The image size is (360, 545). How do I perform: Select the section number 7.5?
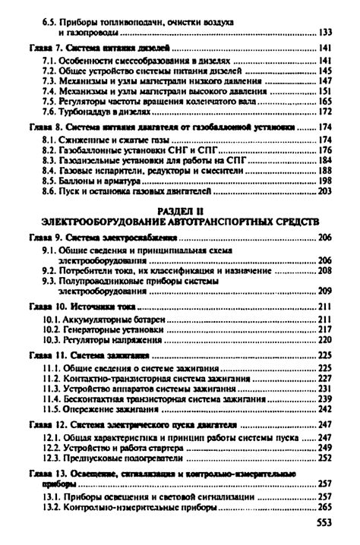tap(51, 100)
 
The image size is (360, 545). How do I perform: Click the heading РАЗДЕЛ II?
tap(179, 208)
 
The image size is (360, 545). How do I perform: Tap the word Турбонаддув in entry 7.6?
tap(88, 111)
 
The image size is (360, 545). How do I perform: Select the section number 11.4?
tap(54, 397)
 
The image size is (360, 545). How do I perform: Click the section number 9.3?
tap(51, 279)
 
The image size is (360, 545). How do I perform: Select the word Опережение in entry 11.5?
tap(93, 408)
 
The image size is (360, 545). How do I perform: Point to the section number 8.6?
tap(51, 192)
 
